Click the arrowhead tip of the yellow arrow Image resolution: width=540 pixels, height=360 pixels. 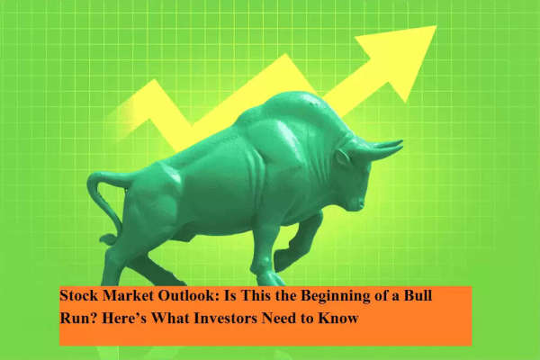436,26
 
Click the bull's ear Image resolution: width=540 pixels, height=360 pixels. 343,157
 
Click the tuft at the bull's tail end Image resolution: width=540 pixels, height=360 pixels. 108,239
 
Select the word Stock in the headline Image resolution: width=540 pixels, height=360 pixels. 79,295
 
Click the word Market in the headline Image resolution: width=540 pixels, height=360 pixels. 128,295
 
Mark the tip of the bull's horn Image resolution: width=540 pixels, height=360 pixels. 401,141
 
